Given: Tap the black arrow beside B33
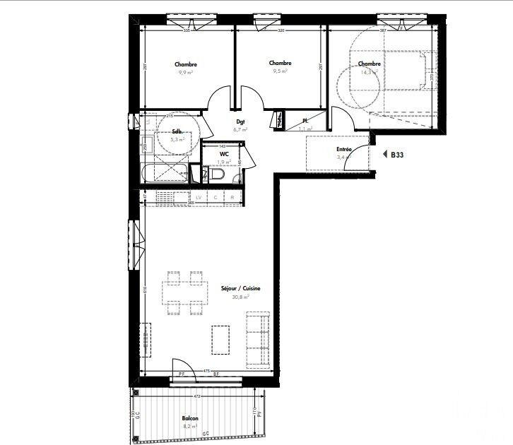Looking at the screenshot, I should (x=385, y=153).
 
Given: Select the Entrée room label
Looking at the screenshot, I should (x=344, y=150).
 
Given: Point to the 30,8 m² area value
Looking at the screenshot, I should (x=240, y=297).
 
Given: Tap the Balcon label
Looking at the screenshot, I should (x=189, y=418).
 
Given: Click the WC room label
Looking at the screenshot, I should (x=223, y=153).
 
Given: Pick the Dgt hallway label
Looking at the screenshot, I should (x=240, y=121).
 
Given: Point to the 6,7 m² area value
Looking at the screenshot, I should (x=240, y=130).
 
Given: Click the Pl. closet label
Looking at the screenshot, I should (x=305, y=121).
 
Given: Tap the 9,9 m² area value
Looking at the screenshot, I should (x=186, y=72).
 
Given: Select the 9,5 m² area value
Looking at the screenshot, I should (x=280, y=71).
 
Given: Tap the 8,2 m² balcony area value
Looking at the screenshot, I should (x=189, y=427).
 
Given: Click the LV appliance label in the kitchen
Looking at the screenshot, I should (x=199, y=197).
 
